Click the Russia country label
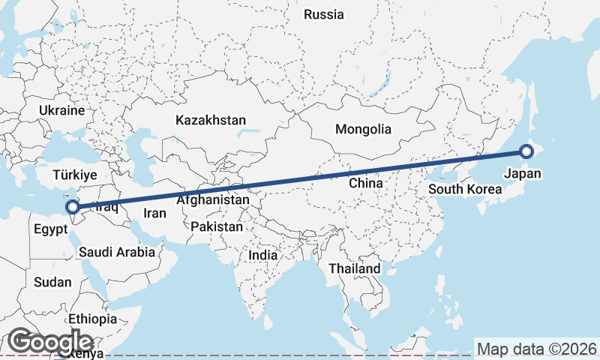[x=324, y=14]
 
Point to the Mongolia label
[x=363, y=129]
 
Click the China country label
[x=366, y=182]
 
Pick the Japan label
[x=522, y=174]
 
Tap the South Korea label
[x=465, y=189]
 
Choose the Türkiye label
[x=75, y=175]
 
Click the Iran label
[x=154, y=213]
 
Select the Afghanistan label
[x=213, y=200]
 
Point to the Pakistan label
[x=217, y=226]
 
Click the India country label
[x=262, y=255]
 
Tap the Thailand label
[x=354, y=268]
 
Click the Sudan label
[x=52, y=283]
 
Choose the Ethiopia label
[x=92, y=319]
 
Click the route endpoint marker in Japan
[x=526, y=151]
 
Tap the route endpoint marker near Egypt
[x=73, y=207]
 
